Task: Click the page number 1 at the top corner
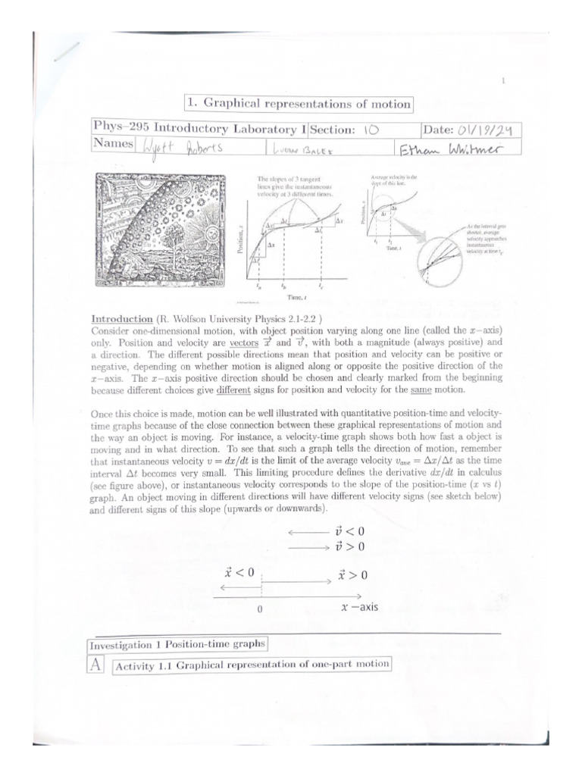[x=502, y=80]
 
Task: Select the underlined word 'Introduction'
[x=117, y=320]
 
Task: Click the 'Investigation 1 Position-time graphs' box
[x=178, y=645]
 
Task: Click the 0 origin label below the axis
[x=260, y=609]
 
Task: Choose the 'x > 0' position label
[x=352, y=574]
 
